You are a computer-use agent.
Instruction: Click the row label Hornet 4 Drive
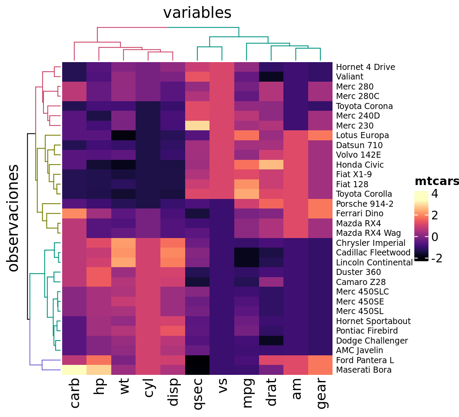click(x=365, y=67)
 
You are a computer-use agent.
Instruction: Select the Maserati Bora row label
click(x=364, y=370)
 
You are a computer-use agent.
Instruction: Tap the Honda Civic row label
click(x=359, y=165)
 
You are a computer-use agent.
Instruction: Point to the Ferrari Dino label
click(x=359, y=214)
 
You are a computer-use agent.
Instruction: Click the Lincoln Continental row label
click(x=374, y=262)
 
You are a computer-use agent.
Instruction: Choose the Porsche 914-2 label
click(x=364, y=204)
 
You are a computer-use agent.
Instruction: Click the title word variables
click(x=197, y=13)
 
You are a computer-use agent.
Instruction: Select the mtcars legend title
click(x=436, y=182)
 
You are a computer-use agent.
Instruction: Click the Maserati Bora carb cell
click(x=74, y=370)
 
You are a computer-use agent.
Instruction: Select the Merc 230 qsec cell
click(x=198, y=126)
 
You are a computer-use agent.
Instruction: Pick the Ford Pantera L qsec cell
click(x=198, y=360)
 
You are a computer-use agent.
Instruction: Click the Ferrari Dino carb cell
click(x=74, y=214)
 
